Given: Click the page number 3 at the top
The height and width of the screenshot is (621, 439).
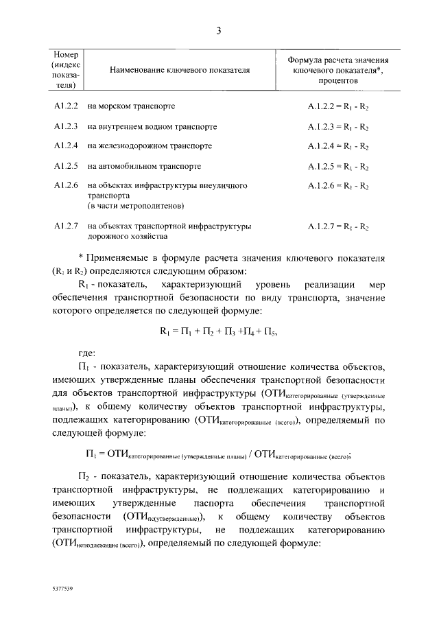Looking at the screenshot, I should tap(218, 30).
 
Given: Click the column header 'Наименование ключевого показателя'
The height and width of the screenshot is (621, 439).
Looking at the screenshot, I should tap(178, 70).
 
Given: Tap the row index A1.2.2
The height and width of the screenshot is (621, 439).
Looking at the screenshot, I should tap(67, 107).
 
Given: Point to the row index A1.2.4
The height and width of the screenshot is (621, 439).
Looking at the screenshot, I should tap(67, 146).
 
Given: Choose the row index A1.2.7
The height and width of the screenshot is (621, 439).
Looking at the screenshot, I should tap(67, 226).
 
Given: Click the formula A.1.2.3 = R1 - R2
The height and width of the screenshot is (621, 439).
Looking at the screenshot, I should tap(338, 127).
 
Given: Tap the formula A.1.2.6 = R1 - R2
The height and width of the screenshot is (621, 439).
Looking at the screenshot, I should tap(338, 186).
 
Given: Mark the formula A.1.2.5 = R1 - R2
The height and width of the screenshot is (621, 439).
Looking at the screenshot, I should tap(338, 166).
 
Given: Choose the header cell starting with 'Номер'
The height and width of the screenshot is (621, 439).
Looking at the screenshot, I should tap(67, 70).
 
